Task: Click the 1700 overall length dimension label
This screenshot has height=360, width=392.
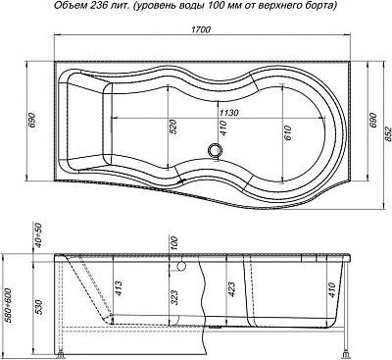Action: coord(201,29)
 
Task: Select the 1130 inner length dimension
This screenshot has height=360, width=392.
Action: coord(229,113)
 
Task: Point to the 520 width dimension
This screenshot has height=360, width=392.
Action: coord(172,127)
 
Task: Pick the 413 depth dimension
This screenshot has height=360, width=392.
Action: coord(118,288)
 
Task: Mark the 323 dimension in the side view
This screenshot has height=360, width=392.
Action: coord(174,297)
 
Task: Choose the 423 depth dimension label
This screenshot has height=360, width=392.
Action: coord(230,289)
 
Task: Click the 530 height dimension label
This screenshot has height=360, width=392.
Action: coord(38,307)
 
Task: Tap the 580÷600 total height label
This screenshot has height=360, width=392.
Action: coord(9,305)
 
